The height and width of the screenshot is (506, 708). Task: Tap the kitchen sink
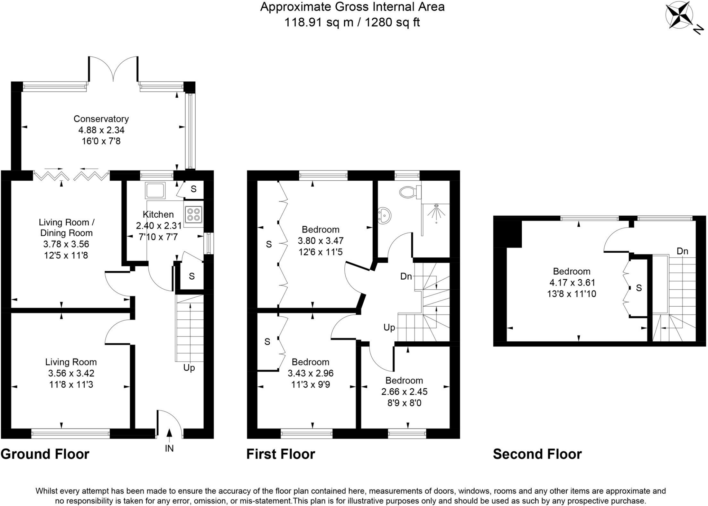[155, 191]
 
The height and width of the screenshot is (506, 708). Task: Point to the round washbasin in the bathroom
[384, 216]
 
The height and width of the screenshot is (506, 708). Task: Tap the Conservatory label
[101, 119]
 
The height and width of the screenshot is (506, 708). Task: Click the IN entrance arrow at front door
[169, 434]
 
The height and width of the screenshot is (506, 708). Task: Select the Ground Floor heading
[45, 454]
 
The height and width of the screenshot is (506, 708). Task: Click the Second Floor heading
[537, 454]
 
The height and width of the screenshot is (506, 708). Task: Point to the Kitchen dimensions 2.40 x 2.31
[158, 226]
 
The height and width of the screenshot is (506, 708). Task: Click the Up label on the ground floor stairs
[189, 368]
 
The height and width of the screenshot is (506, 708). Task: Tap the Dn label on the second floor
[682, 251]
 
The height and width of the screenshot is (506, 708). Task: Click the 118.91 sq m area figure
[318, 22]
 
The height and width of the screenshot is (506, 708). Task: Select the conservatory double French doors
[113, 69]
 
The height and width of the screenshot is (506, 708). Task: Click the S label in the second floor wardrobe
[639, 288]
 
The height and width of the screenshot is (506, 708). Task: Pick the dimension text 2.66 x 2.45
[404, 392]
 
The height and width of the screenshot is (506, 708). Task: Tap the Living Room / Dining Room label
[66, 228]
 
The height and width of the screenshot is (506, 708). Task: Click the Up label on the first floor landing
[389, 328]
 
